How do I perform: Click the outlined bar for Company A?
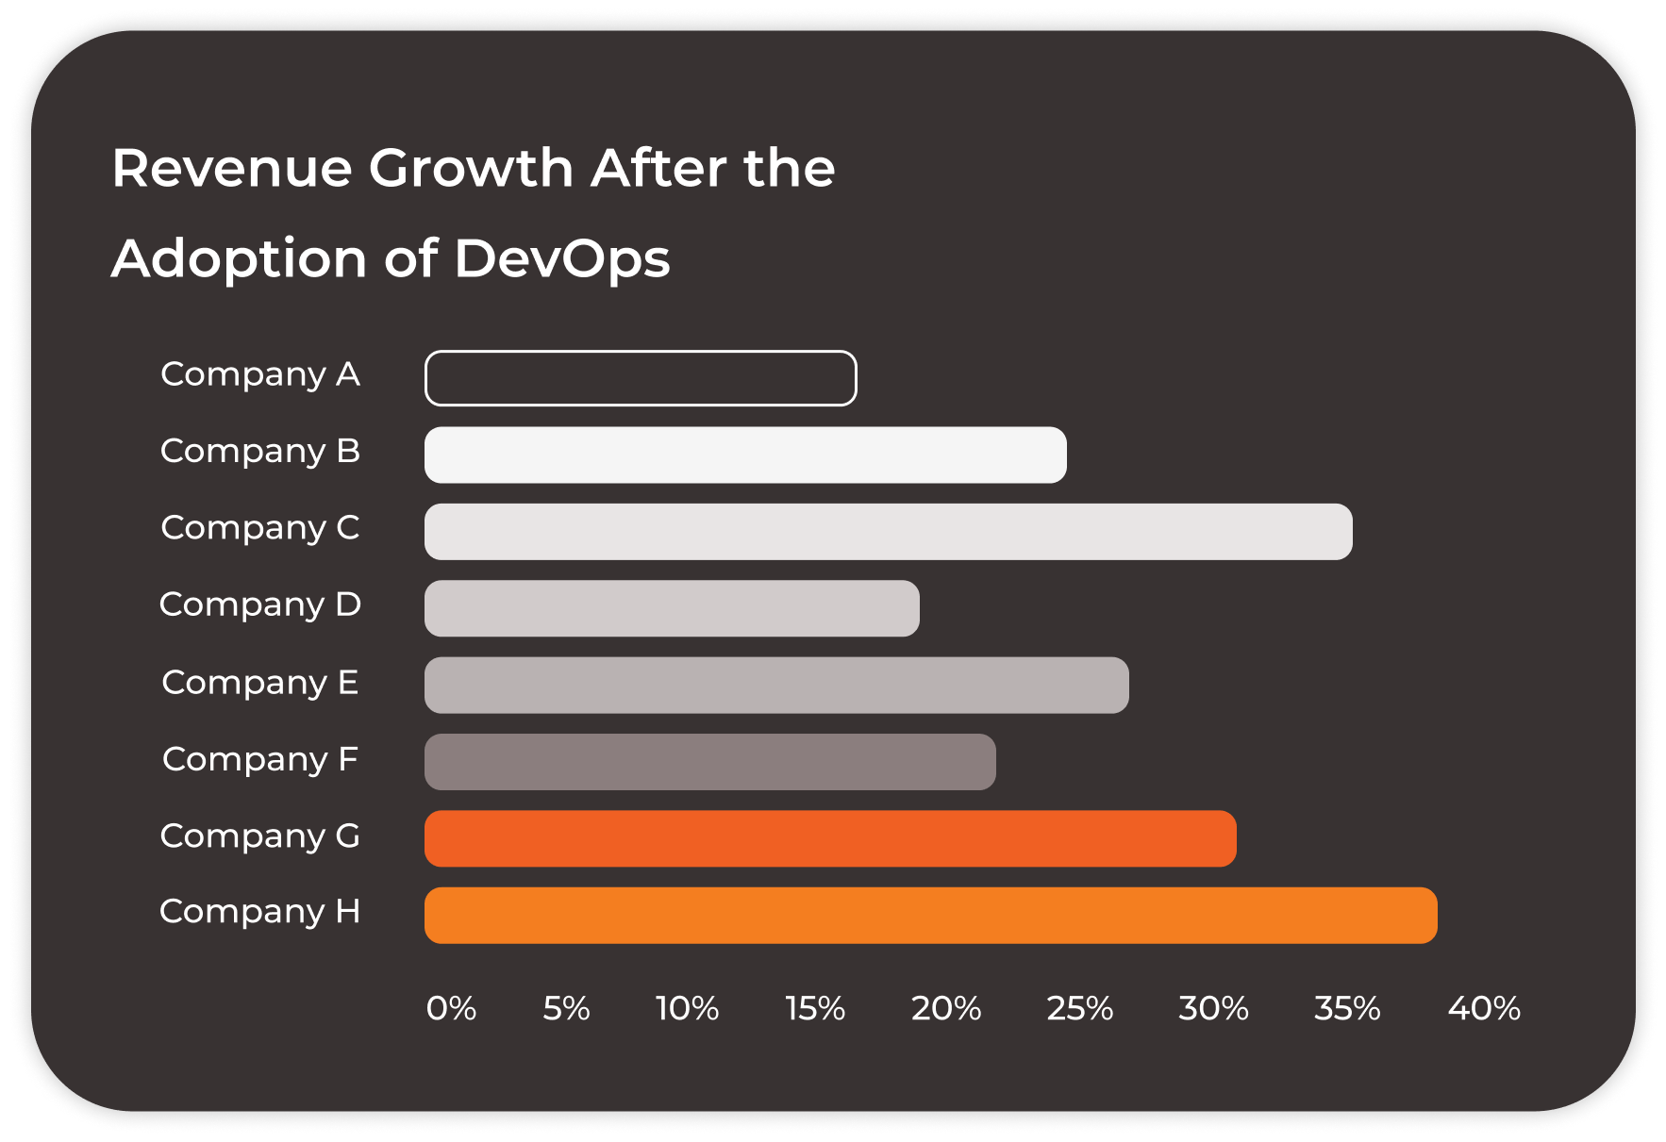[x=641, y=378]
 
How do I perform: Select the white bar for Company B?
[x=745, y=455]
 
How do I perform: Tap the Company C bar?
[x=888, y=531]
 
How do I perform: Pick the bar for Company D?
[x=672, y=608]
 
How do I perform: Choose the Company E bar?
[x=776, y=685]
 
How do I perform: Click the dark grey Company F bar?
[x=709, y=762]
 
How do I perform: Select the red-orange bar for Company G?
[x=830, y=838]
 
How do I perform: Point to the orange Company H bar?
[x=930, y=915]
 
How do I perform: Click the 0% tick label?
[x=451, y=1008]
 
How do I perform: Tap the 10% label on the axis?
[x=687, y=1008]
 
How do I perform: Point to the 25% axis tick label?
[x=1079, y=1008]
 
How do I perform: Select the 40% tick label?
[x=1484, y=1008]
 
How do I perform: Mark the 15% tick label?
[x=815, y=1008]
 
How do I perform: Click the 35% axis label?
[x=1347, y=1008]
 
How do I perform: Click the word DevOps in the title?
[x=562, y=258]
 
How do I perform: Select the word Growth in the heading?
[x=471, y=169]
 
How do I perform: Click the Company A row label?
[x=260, y=374]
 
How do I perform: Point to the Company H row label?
[x=260, y=912]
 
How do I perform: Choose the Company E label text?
[x=260, y=683]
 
